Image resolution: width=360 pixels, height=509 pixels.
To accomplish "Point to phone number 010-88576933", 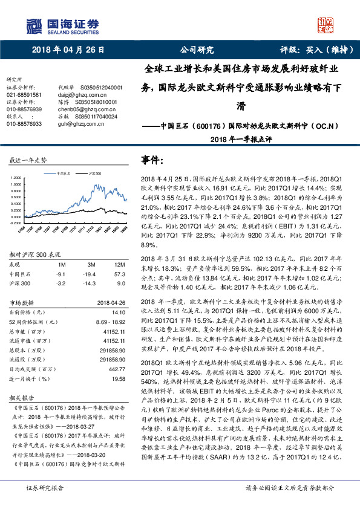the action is pos(24,123).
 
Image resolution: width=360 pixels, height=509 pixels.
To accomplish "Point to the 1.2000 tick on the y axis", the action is pos(18,178).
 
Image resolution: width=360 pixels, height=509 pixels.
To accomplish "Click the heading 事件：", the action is pos(153,160).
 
